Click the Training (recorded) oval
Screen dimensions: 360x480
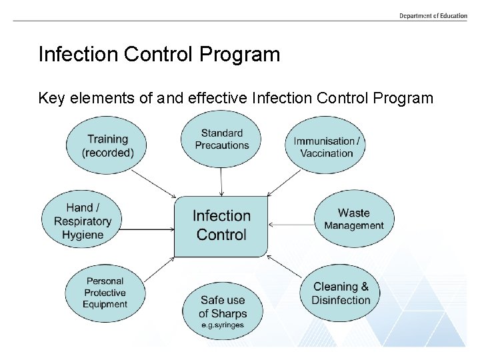(x=107, y=146)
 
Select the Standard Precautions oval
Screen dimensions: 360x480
(x=222, y=139)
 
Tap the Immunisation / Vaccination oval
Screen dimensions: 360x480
(x=327, y=147)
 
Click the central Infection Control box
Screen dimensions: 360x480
(x=221, y=225)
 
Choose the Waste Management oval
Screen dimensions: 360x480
(x=353, y=219)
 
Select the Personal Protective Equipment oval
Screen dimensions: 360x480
(x=105, y=293)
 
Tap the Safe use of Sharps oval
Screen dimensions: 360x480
(x=222, y=311)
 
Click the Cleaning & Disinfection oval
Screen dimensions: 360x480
(x=341, y=293)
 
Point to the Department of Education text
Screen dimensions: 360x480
(x=433, y=15)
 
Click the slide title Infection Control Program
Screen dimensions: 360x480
(x=159, y=54)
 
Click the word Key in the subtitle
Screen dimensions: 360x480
(x=52, y=99)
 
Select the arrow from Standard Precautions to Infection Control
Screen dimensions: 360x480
(x=222, y=181)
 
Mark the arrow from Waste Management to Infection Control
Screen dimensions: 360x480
(x=291, y=225)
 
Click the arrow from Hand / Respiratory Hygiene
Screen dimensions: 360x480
(x=148, y=230)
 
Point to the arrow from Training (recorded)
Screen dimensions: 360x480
(x=153, y=183)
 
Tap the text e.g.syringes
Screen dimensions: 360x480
(x=223, y=325)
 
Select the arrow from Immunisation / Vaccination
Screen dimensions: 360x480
(x=285, y=182)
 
